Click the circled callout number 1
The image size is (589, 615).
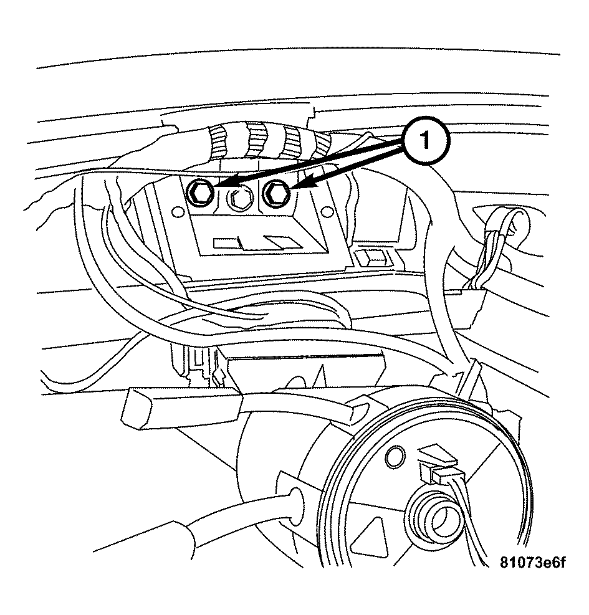(425, 140)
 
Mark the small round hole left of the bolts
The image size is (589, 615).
(178, 212)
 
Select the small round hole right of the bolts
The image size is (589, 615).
(325, 212)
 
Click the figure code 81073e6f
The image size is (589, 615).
(532, 563)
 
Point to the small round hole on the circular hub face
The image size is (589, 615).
(395, 455)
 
